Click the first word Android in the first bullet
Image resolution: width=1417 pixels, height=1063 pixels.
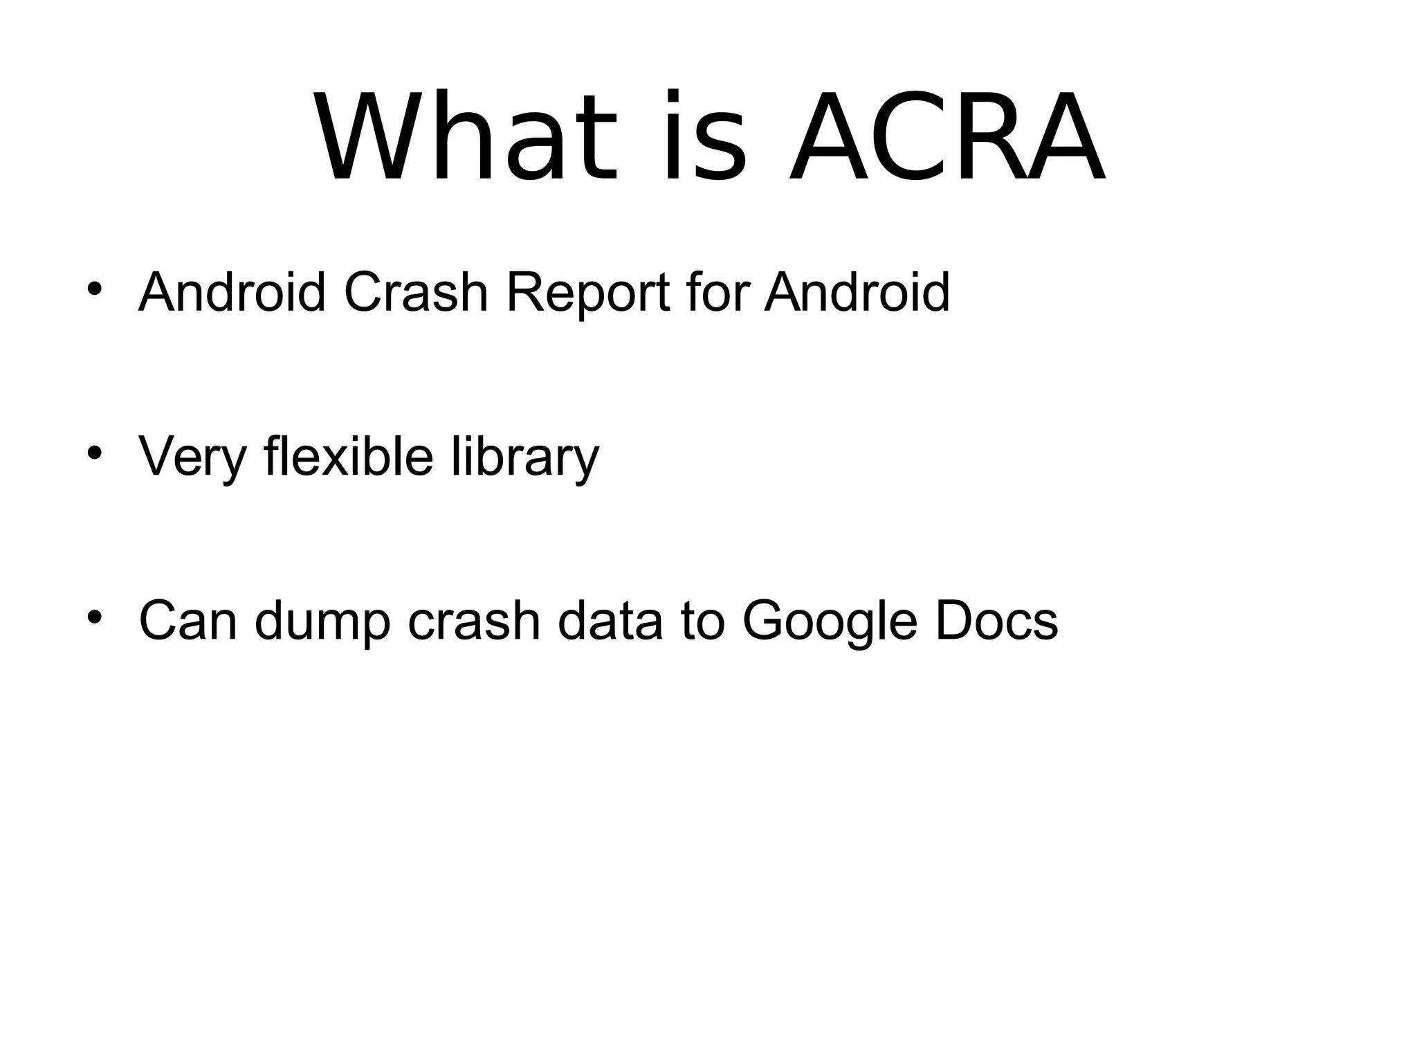click(232, 292)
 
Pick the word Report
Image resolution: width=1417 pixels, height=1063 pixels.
click(587, 293)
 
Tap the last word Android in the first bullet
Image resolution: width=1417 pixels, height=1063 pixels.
click(857, 292)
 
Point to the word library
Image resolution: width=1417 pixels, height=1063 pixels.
click(525, 457)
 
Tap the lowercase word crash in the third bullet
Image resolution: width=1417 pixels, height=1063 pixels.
click(474, 620)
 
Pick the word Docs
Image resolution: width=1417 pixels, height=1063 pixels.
click(996, 620)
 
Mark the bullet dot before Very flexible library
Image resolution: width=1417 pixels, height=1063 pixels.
click(95, 453)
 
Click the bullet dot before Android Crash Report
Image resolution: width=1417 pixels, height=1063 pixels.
click(95, 289)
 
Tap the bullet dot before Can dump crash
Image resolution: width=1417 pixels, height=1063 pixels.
click(95, 617)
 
